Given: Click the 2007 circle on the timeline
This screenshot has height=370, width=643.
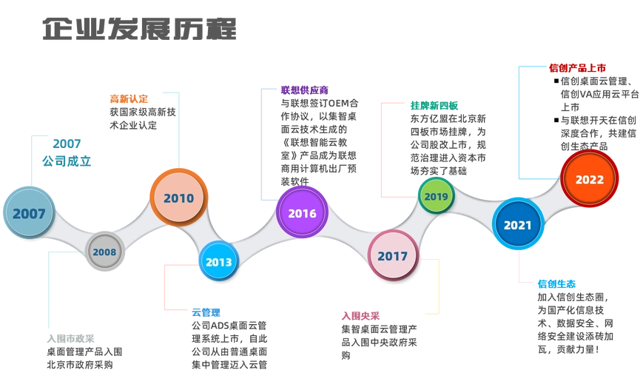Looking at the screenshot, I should (x=30, y=215).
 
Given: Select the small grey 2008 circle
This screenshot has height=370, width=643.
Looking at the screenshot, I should (x=104, y=252).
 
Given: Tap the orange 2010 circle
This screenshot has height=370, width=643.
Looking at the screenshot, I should (x=179, y=198).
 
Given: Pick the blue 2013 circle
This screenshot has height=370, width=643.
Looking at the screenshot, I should (x=218, y=262).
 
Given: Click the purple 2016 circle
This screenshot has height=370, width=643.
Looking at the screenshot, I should (x=302, y=214).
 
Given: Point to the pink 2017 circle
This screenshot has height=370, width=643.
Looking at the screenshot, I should (x=393, y=256).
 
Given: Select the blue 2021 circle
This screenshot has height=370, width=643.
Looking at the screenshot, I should (x=518, y=224).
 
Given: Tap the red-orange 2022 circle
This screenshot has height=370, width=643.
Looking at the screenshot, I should (x=590, y=179).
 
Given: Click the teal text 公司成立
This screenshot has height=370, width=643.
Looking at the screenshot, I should (x=67, y=160).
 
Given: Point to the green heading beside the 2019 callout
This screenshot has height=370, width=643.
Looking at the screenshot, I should (x=434, y=105).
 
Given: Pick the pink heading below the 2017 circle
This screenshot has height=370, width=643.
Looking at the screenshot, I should (x=360, y=314).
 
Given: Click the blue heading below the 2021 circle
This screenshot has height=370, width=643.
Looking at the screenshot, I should (x=557, y=283).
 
